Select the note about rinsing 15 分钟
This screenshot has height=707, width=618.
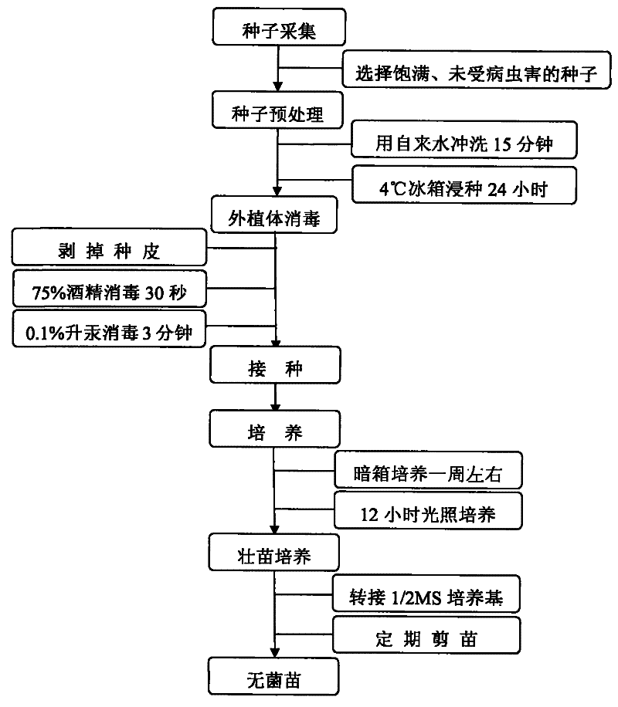point(463,142)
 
